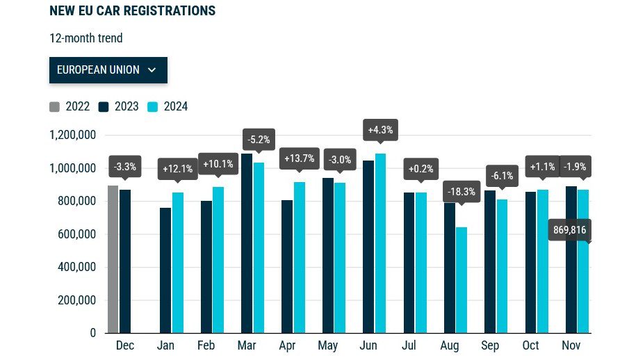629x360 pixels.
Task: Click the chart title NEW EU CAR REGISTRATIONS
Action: pyautogui.click(x=132, y=11)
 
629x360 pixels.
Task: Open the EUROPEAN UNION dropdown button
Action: pyautogui.click(x=108, y=69)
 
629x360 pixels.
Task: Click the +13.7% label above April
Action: pyautogui.click(x=300, y=158)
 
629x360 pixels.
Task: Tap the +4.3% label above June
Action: pyautogui.click(x=380, y=130)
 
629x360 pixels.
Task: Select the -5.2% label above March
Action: pyautogui.click(x=259, y=139)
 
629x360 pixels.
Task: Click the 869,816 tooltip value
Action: pyautogui.click(x=569, y=229)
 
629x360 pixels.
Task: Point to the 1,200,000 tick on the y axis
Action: pyautogui.click(x=72, y=135)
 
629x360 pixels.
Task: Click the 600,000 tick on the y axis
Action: pyautogui.click(x=77, y=234)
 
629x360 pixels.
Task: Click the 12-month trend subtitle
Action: pyautogui.click(x=85, y=38)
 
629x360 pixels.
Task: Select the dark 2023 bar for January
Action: pyautogui.click(x=165, y=270)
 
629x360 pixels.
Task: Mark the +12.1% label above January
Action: pyautogui.click(x=177, y=169)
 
